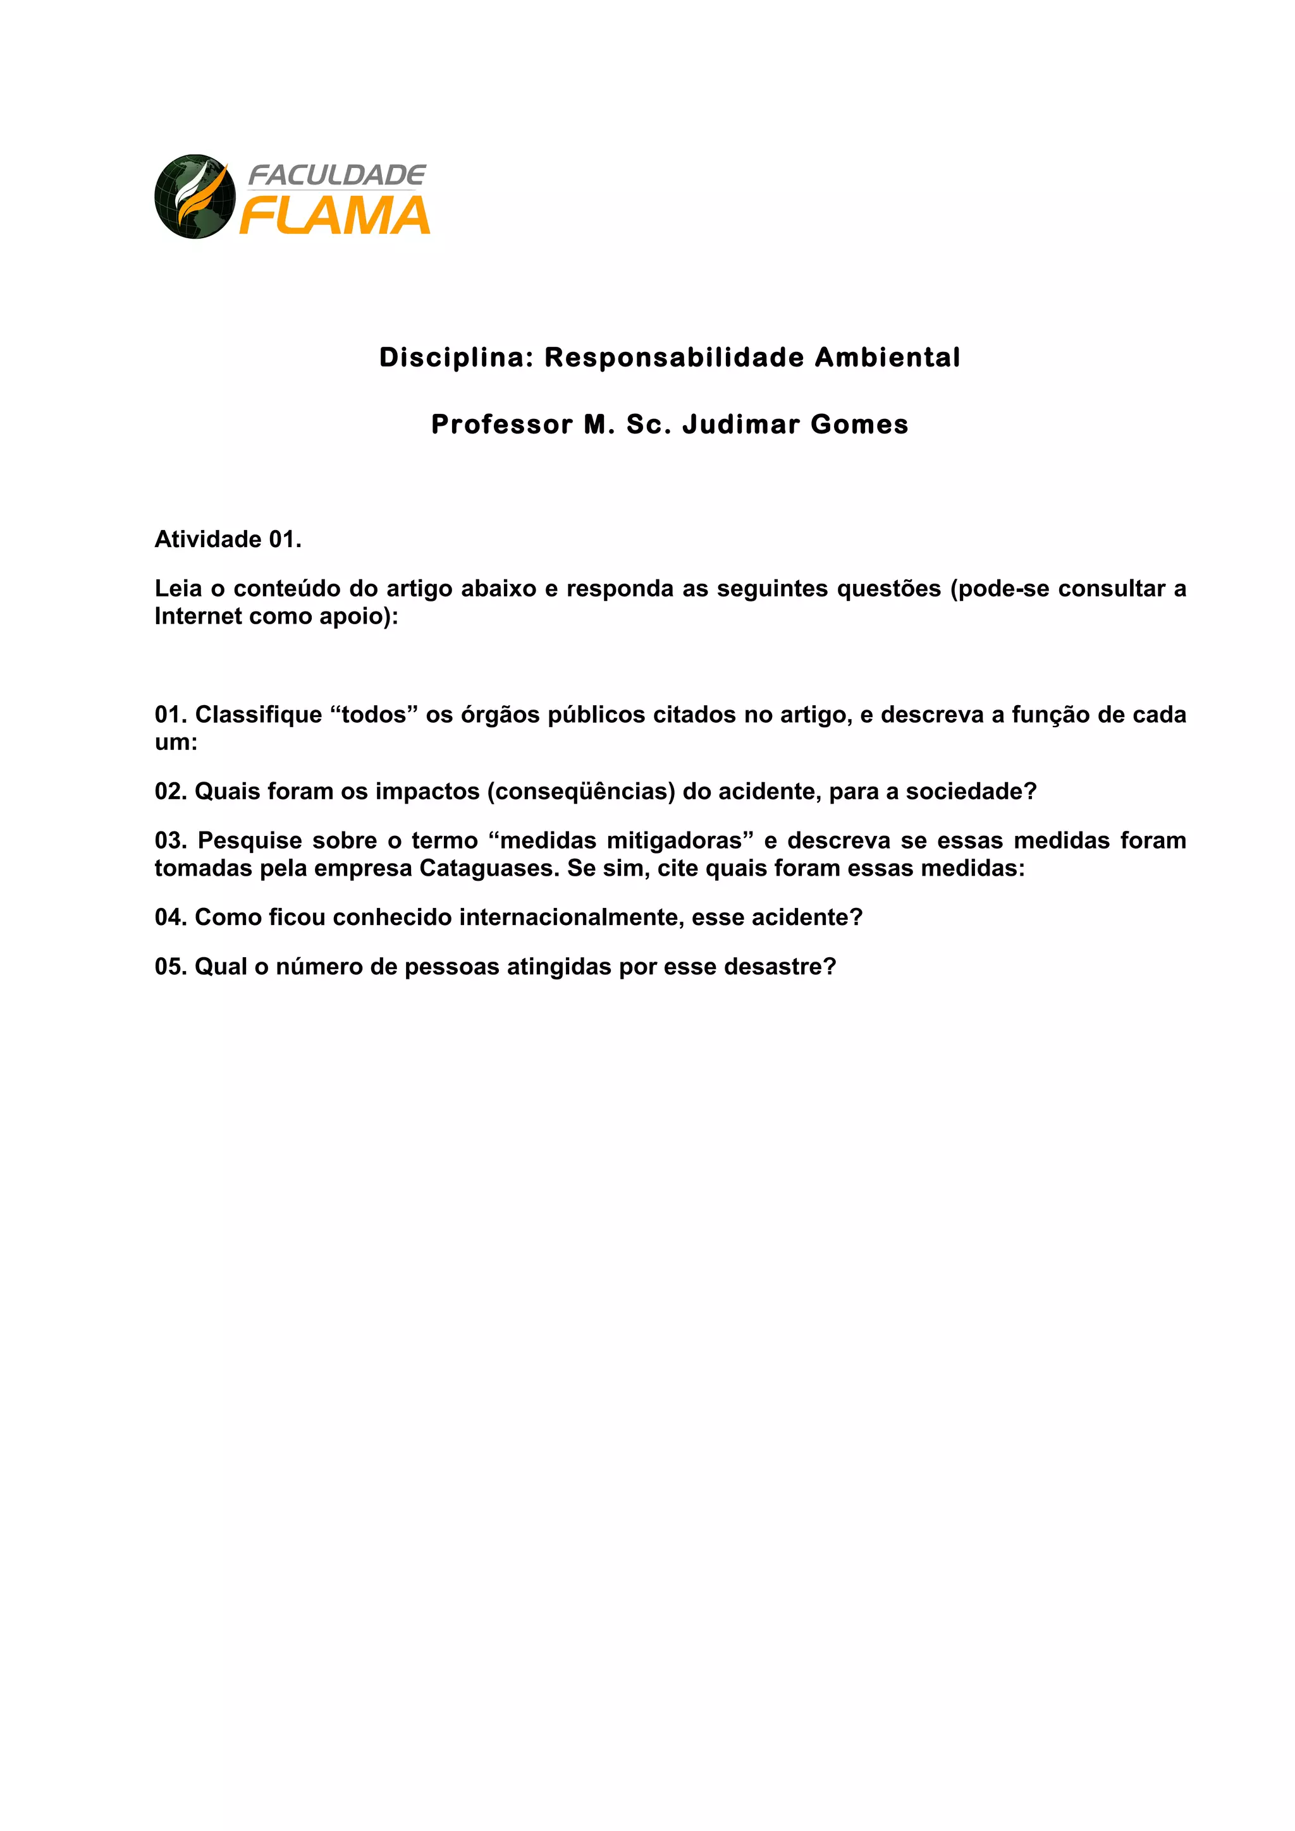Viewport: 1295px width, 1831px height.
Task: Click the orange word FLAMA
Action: (x=335, y=216)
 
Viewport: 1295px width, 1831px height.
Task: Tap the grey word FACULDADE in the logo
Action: (x=337, y=174)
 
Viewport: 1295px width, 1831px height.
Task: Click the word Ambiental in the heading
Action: (x=887, y=358)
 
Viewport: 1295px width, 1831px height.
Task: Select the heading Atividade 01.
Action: (x=228, y=540)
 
